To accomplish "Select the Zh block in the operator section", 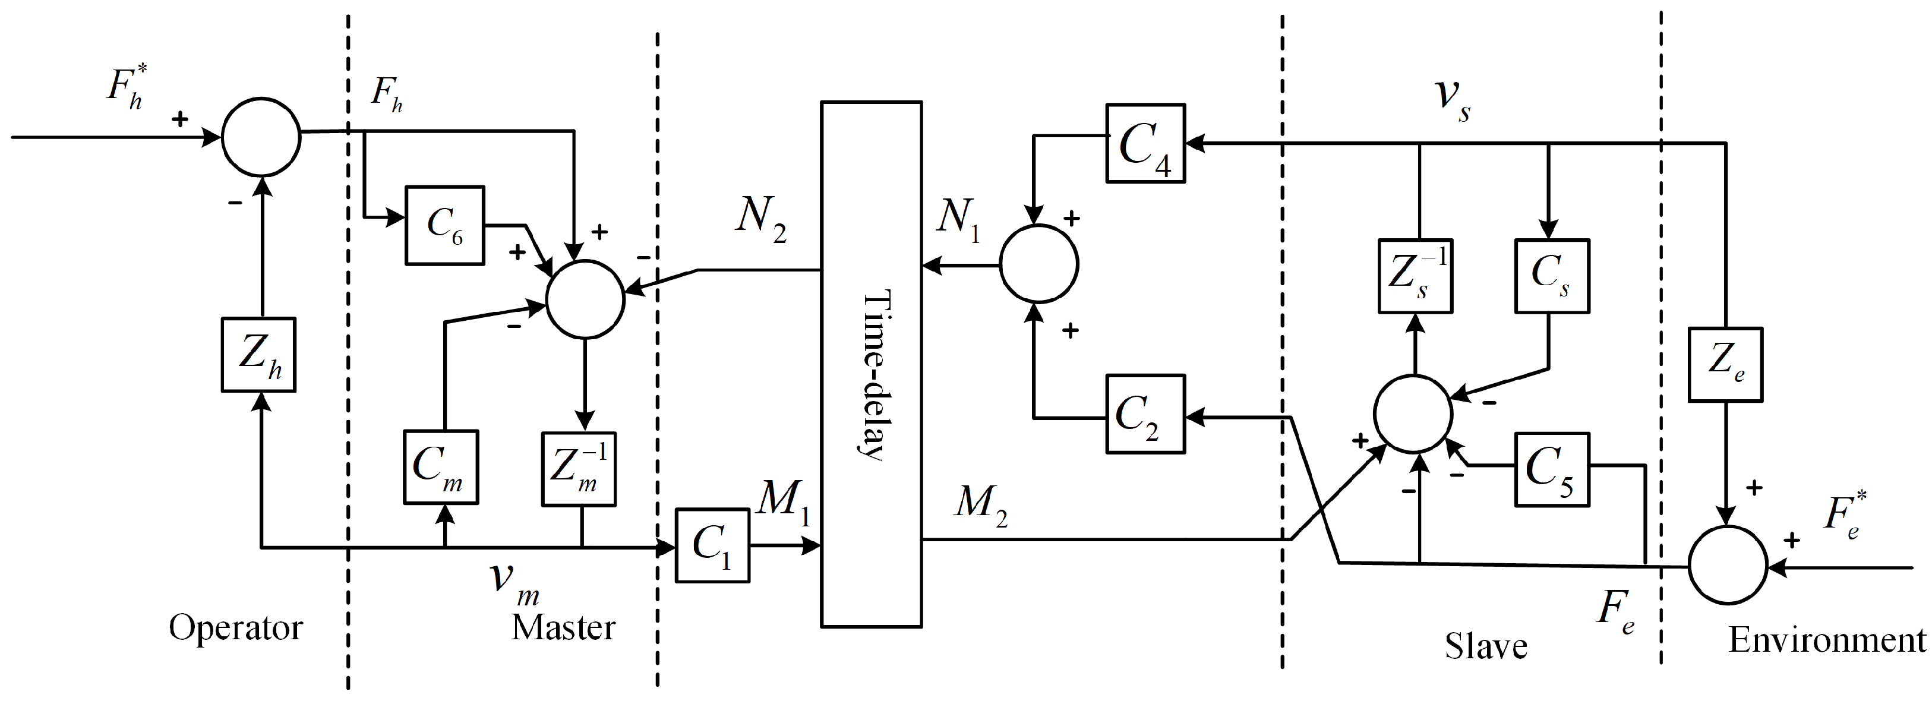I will (x=259, y=355).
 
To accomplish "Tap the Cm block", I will (x=440, y=466).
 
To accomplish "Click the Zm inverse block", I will (x=578, y=469).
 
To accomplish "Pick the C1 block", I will (x=712, y=545).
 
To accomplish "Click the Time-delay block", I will (x=871, y=364).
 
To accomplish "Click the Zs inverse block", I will (x=1415, y=276).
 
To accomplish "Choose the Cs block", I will (x=1551, y=276).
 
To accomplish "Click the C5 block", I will (x=1551, y=469).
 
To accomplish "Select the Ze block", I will (x=1725, y=364).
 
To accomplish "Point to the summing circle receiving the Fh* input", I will (x=261, y=137).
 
